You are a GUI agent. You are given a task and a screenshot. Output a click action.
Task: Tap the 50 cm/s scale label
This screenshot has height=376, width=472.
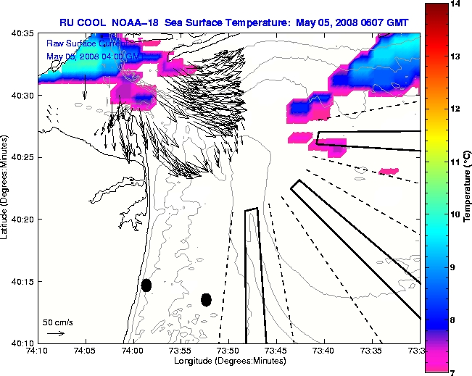tap(57, 322)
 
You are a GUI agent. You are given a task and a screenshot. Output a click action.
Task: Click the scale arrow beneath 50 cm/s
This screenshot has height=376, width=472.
tap(55, 333)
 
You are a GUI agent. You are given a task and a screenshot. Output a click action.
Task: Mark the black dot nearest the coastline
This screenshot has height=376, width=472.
tap(146, 285)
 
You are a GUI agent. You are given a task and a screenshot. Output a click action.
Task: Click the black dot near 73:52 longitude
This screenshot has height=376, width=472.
tap(206, 299)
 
